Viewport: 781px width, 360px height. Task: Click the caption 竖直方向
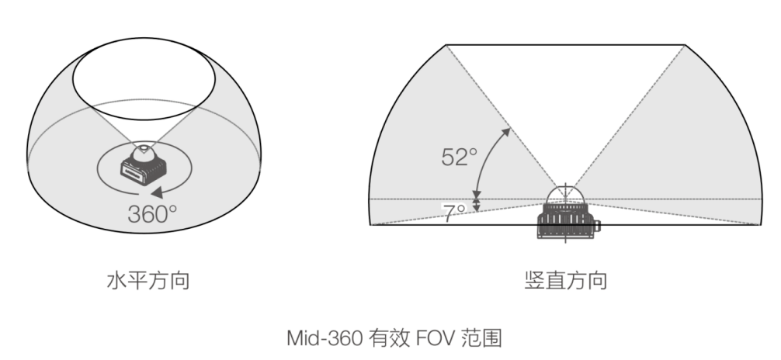(x=565, y=280)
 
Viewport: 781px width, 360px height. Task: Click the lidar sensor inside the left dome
(x=144, y=164)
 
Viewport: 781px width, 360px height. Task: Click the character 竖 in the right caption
(x=534, y=280)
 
